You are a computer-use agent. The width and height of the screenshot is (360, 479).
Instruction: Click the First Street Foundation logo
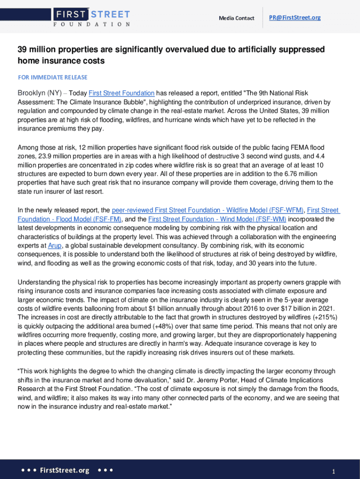(x=92, y=17)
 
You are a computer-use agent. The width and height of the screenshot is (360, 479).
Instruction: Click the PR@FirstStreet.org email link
(x=295, y=18)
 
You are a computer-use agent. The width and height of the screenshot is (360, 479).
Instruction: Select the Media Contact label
(x=237, y=18)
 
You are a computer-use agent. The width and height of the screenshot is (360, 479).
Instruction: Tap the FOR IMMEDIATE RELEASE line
(x=52, y=77)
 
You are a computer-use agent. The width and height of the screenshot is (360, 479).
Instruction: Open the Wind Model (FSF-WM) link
(x=217, y=219)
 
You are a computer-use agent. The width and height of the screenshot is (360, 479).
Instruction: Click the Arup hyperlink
(x=54, y=246)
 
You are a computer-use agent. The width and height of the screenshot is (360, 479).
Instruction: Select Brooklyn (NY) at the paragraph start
(x=39, y=93)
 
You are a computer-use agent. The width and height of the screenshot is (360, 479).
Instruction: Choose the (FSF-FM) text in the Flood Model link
(x=107, y=219)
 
